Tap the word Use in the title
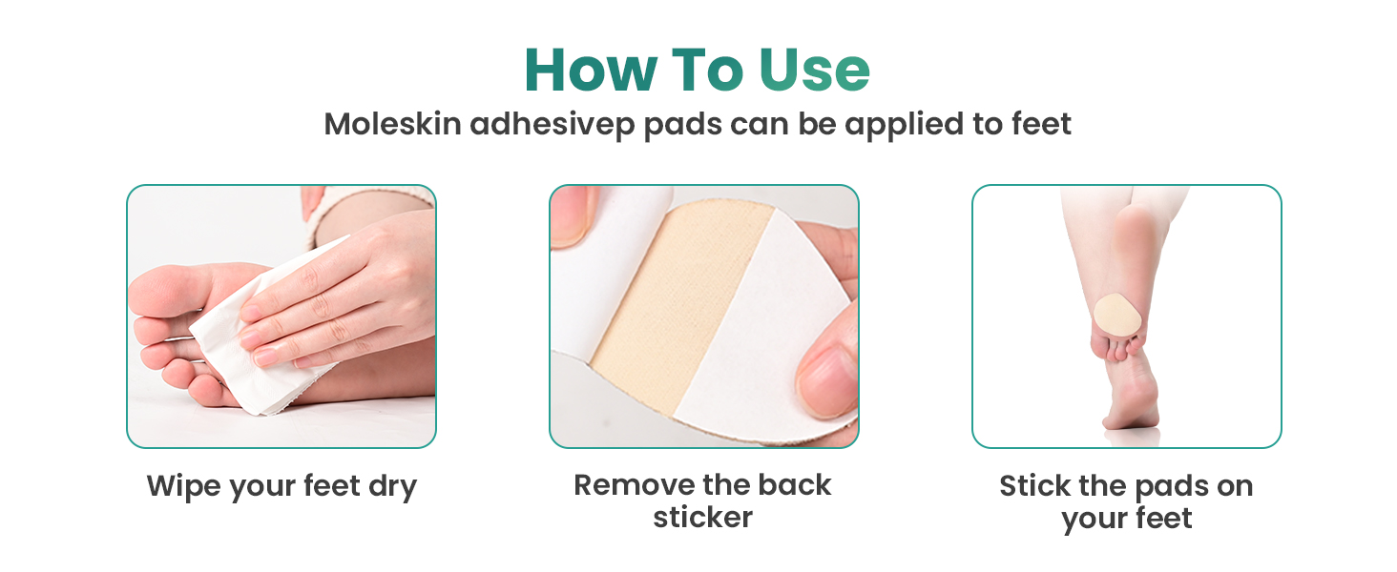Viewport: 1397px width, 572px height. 815,70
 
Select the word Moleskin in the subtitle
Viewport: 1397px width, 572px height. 393,123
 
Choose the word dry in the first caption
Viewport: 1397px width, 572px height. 392,487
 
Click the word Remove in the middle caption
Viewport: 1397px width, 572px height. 630,484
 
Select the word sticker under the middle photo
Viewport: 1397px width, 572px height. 703,517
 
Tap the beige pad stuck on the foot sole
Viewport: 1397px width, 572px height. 1117,316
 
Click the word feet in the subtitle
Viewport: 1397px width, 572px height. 1041,123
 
